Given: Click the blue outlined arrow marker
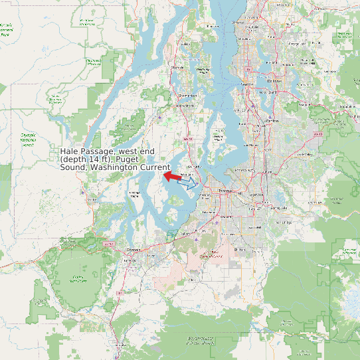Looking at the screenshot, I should (189, 183).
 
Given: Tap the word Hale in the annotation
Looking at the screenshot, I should (70, 152).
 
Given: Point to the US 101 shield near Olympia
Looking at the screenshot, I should (108, 244).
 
